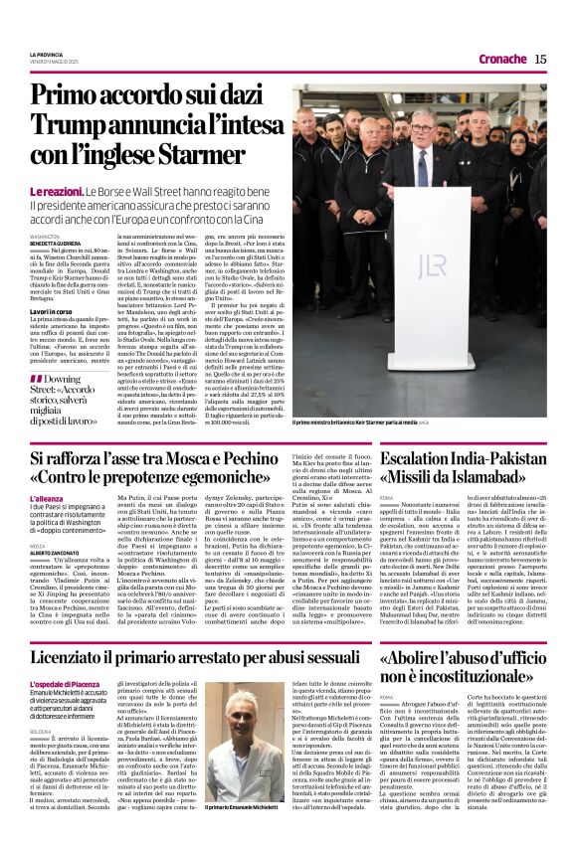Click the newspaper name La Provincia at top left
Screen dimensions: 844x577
pos(46,53)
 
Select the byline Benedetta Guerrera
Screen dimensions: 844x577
pos(51,243)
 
